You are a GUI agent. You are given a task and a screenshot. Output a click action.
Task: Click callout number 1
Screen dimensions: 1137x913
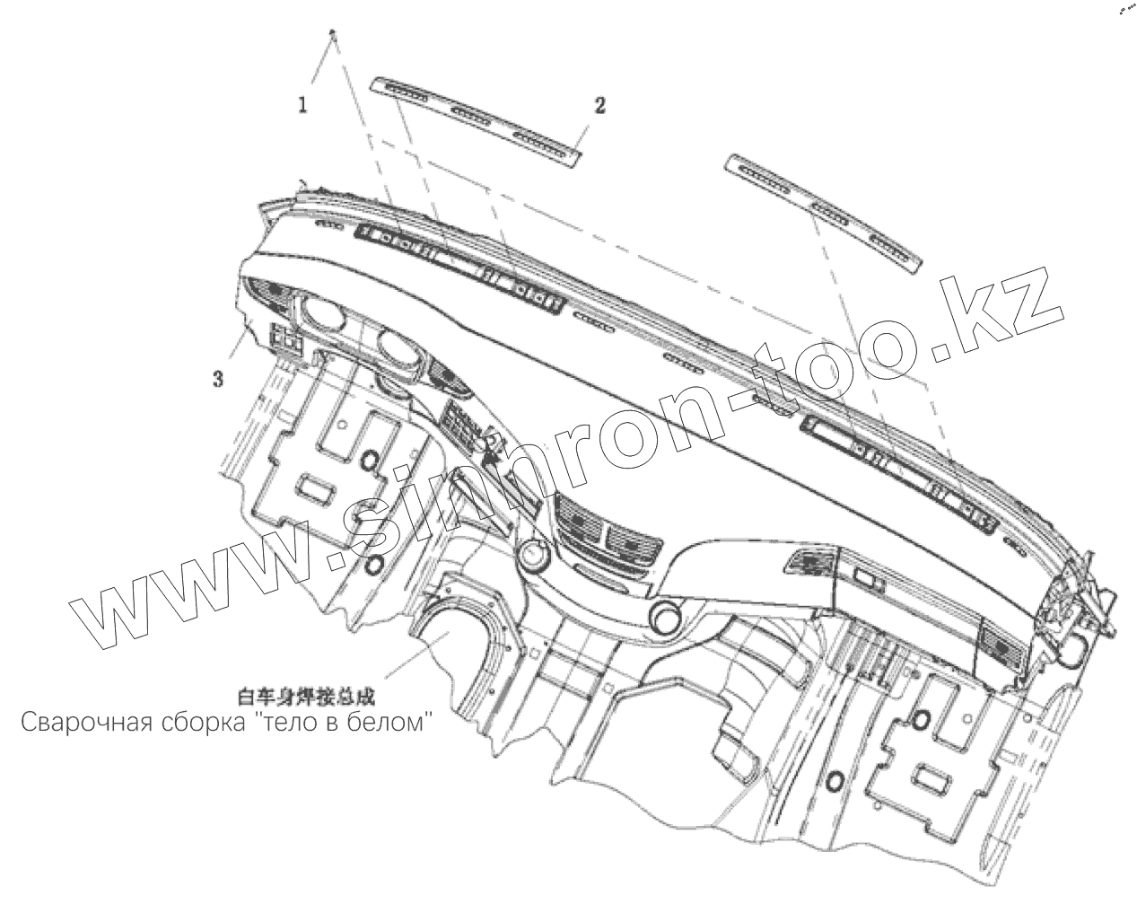(x=303, y=105)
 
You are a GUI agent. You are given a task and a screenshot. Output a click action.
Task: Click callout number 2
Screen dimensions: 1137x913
(x=599, y=106)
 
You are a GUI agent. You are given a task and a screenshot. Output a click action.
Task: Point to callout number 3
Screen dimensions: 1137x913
(x=218, y=379)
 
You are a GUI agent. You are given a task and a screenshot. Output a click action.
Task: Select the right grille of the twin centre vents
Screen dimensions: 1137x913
(x=634, y=541)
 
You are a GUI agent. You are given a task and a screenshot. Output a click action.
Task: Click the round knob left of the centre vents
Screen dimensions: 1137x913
(x=532, y=556)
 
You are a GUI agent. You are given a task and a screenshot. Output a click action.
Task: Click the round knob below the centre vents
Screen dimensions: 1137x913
(x=667, y=618)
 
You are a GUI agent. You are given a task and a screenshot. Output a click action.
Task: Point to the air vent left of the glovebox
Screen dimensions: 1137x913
(x=807, y=565)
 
